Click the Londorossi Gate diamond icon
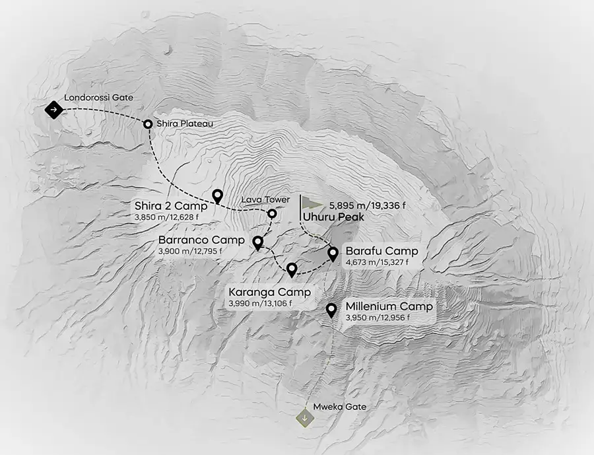click(x=53, y=109)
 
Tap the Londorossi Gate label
click(x=99, y=98)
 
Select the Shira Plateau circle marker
click(x=148, y=123)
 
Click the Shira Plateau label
click(x=185, y=123)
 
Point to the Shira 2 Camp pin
click(x=218, y=195)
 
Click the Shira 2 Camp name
click(x=172, y=205)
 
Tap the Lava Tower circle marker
click(x=271, y=213)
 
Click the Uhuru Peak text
click(x=329, y=216)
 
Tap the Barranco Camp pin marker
click(x=258, y=243)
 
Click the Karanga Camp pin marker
click(x=292, y=269)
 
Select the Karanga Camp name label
click(x=269, y=292)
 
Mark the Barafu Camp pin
click(x=333, y=252)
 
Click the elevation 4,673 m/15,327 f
click(x=376, y=263)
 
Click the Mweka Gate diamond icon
click(x=304, y=419)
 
